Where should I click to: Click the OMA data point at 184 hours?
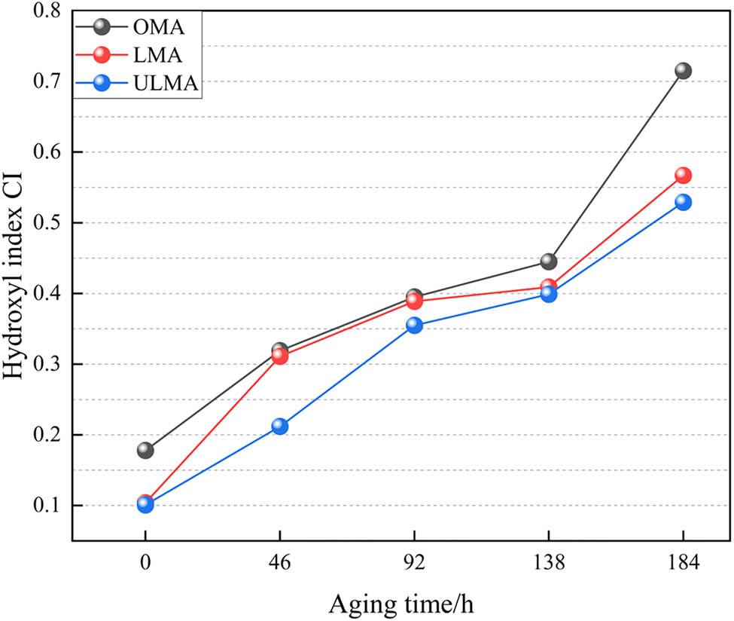tap(683, 71)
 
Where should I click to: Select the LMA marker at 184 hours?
tap(683, 176)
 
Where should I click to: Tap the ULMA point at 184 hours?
tap(683, 202)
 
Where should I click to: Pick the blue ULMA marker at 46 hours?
tap(279, 427)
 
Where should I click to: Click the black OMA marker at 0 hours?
tap(145, 451)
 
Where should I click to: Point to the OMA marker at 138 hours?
tap(548, 262)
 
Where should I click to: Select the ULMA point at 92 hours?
tap(414, 326)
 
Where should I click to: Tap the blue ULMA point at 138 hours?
tap(548, 294)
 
